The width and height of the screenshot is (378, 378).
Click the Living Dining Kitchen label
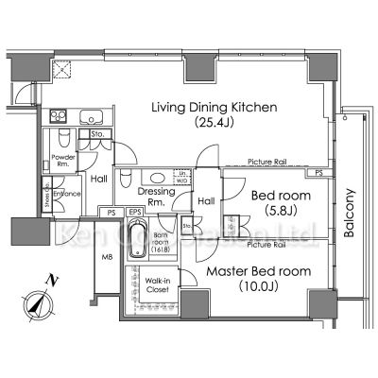[x=215, y=108]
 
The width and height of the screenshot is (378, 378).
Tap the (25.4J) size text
[x=215, y=123]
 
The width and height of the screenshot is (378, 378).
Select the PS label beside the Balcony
[x=321, y=173]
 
